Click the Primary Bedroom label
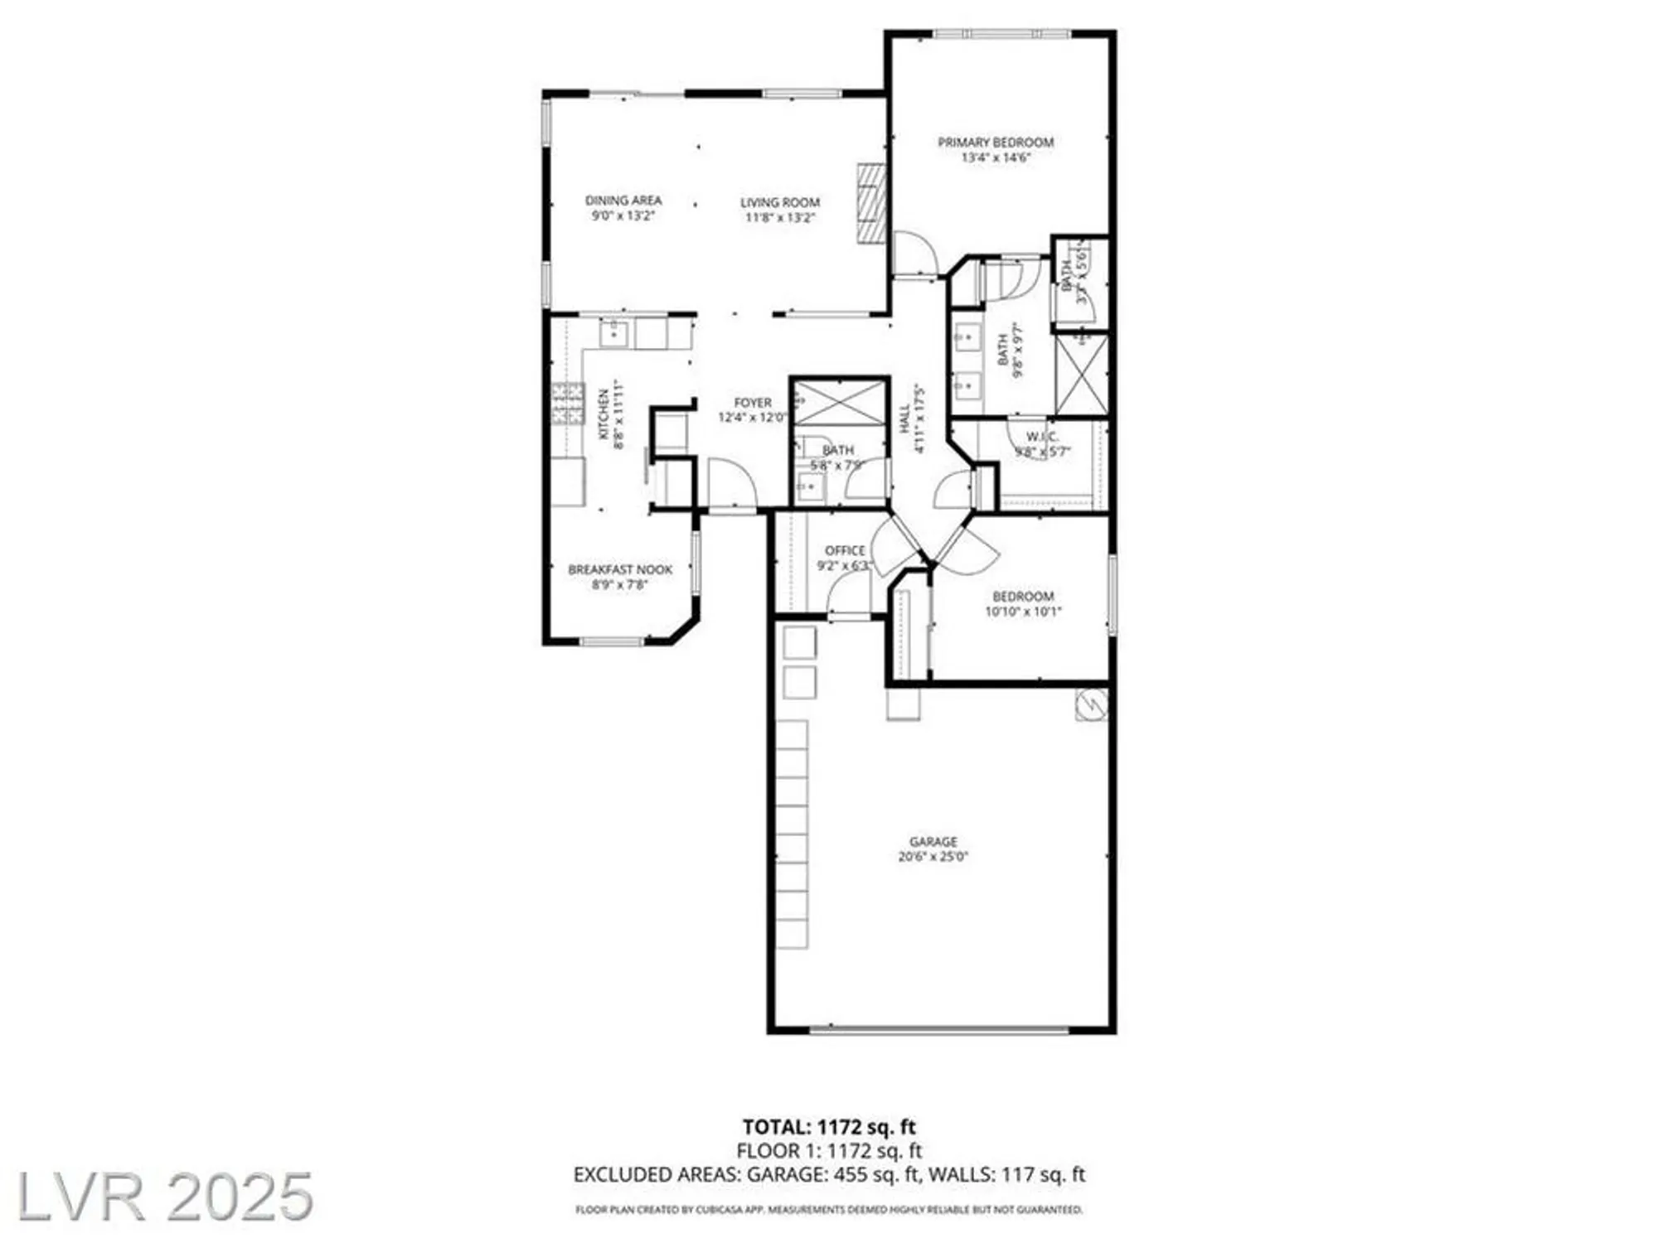pos(996,143)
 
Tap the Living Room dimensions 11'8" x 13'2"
pos(780,218)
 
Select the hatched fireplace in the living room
pos(870,203)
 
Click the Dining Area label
pos(623,201)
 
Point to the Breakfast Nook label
pos(620,570)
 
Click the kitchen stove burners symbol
pos(569,404)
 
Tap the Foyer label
pos(753,403)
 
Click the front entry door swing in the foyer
pos(732,484)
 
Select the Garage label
pos(933,841)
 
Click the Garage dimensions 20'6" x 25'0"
pos(933,857)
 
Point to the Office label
pos(845,550)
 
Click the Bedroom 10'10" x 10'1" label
pos(1023,604)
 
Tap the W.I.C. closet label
pos(1042,437)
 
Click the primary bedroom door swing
pos(914,253)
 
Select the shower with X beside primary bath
pos(1081,375)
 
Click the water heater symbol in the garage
pos(1092,704)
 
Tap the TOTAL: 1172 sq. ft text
pos(829,1127)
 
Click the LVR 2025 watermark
pos(164,1197)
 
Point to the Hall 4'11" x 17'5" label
pos(911,418)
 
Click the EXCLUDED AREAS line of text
pos(829,1174)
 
